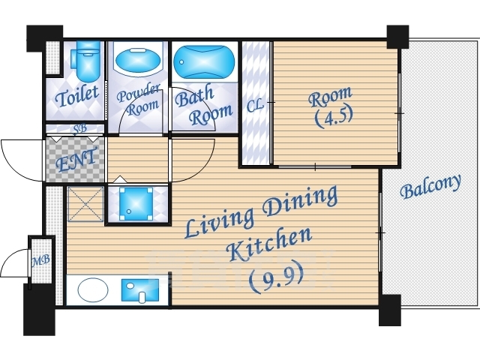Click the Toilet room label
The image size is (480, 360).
pyautogui.click(x=77, y=96)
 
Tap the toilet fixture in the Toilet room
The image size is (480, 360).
pyautogui.click(x=86, y=61)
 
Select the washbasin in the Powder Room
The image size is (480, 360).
pyautogui.click(x=138, y=61)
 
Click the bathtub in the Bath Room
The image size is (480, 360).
pyautogui.click(x=204, y=62)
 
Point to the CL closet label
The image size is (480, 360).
pyautogui.click(x=255, y=106)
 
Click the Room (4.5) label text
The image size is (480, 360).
pyautogui.click(x=331, y=106)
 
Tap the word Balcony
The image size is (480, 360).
pyautogui.click(x=430, y=187)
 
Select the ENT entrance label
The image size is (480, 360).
pyautogui.click(x=77, y=160)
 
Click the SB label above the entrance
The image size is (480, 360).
pyautogui.click(x=80, y=128)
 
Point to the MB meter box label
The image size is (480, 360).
pyautogui.click(x=41, y=260)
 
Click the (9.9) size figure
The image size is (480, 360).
pyautogui.click(x=277, y=278)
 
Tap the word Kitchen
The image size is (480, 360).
pyautogui.click(x=269, y=245)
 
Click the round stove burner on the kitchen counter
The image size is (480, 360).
pyautogui.click(x=93, y=289)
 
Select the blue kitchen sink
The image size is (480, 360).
pyautogui.click(x=140, y=290)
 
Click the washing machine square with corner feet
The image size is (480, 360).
pyautogui.click(x=136, y=204)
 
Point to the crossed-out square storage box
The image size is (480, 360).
pyautogui.click(x=85, y=204)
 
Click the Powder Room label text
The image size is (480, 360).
pyautogui.click(x=138, y=100)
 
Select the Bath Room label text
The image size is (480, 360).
pyautogui.click(x=203, y=106)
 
